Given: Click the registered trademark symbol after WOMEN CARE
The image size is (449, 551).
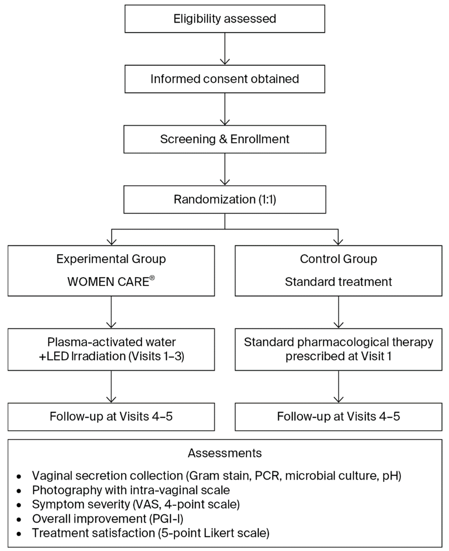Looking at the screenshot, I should [x=152, y=278].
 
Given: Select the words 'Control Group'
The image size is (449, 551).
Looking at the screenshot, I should [x=338, y=259].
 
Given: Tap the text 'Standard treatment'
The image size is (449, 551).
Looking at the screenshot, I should [x=338, y=282].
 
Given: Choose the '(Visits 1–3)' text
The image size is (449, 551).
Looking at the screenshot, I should [x=156, y=356].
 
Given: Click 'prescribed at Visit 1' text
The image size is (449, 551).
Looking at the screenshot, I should [x=338, y=356].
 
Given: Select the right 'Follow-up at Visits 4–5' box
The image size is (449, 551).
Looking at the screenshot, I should [x=338, y=416].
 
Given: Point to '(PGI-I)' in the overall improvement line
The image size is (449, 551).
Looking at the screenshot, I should [x=166, y=519].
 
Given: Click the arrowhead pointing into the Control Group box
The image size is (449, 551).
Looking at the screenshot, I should [x=338, y=242].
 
